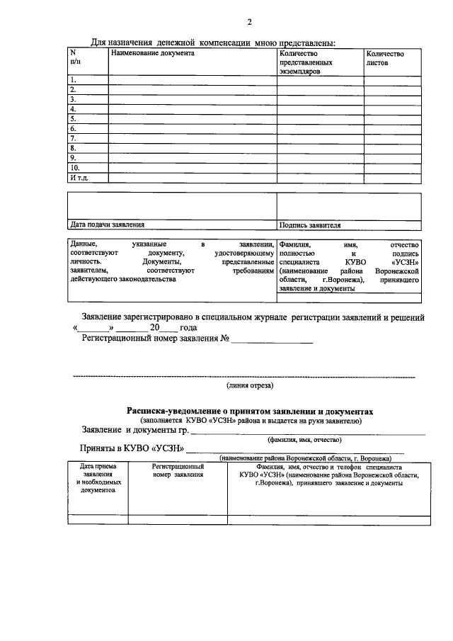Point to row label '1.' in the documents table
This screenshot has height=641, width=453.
[x=72, y=80]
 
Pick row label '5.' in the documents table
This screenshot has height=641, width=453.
[x=72, y=119]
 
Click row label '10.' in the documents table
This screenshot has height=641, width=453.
[x=74, y=168]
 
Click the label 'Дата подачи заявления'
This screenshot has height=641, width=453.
[x=102, y=225]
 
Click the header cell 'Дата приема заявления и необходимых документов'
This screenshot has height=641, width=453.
[x=98, y=480]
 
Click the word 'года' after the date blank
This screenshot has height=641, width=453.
[x=188, y=329]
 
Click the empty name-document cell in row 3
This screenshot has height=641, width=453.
[x=191, y=99]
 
